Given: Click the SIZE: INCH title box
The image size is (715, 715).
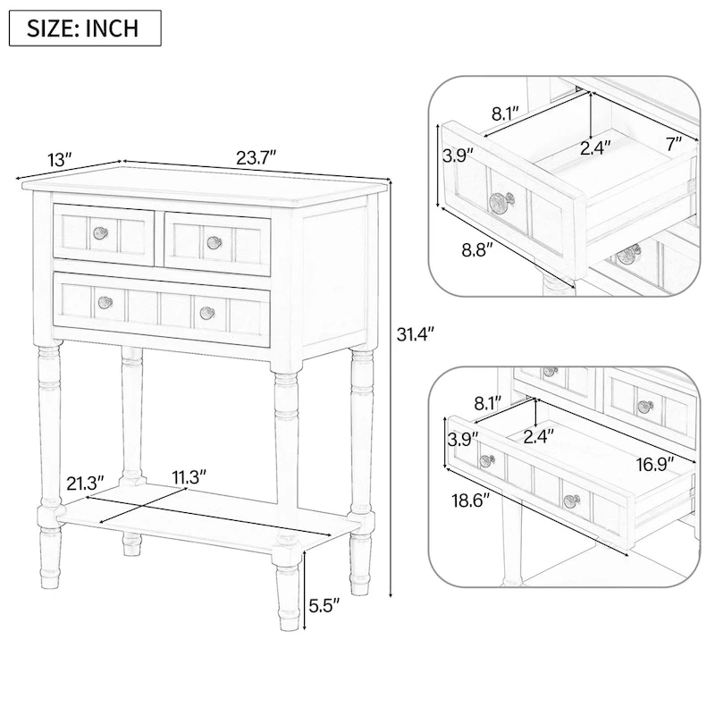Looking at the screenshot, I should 85,28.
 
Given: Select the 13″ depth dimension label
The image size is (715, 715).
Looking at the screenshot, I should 59,161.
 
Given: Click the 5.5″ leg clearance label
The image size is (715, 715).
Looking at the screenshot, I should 324,605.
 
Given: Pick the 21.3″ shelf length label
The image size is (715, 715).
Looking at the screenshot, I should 86,483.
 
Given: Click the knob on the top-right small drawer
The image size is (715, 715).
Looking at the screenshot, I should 214,241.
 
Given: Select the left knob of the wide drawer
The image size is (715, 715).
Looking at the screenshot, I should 105,302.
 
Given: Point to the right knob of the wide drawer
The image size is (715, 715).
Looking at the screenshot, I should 207,312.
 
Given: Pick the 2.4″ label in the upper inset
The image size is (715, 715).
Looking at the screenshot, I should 597,148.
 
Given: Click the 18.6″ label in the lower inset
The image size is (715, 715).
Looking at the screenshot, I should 470,501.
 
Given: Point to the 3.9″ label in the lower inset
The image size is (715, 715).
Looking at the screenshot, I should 463,438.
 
